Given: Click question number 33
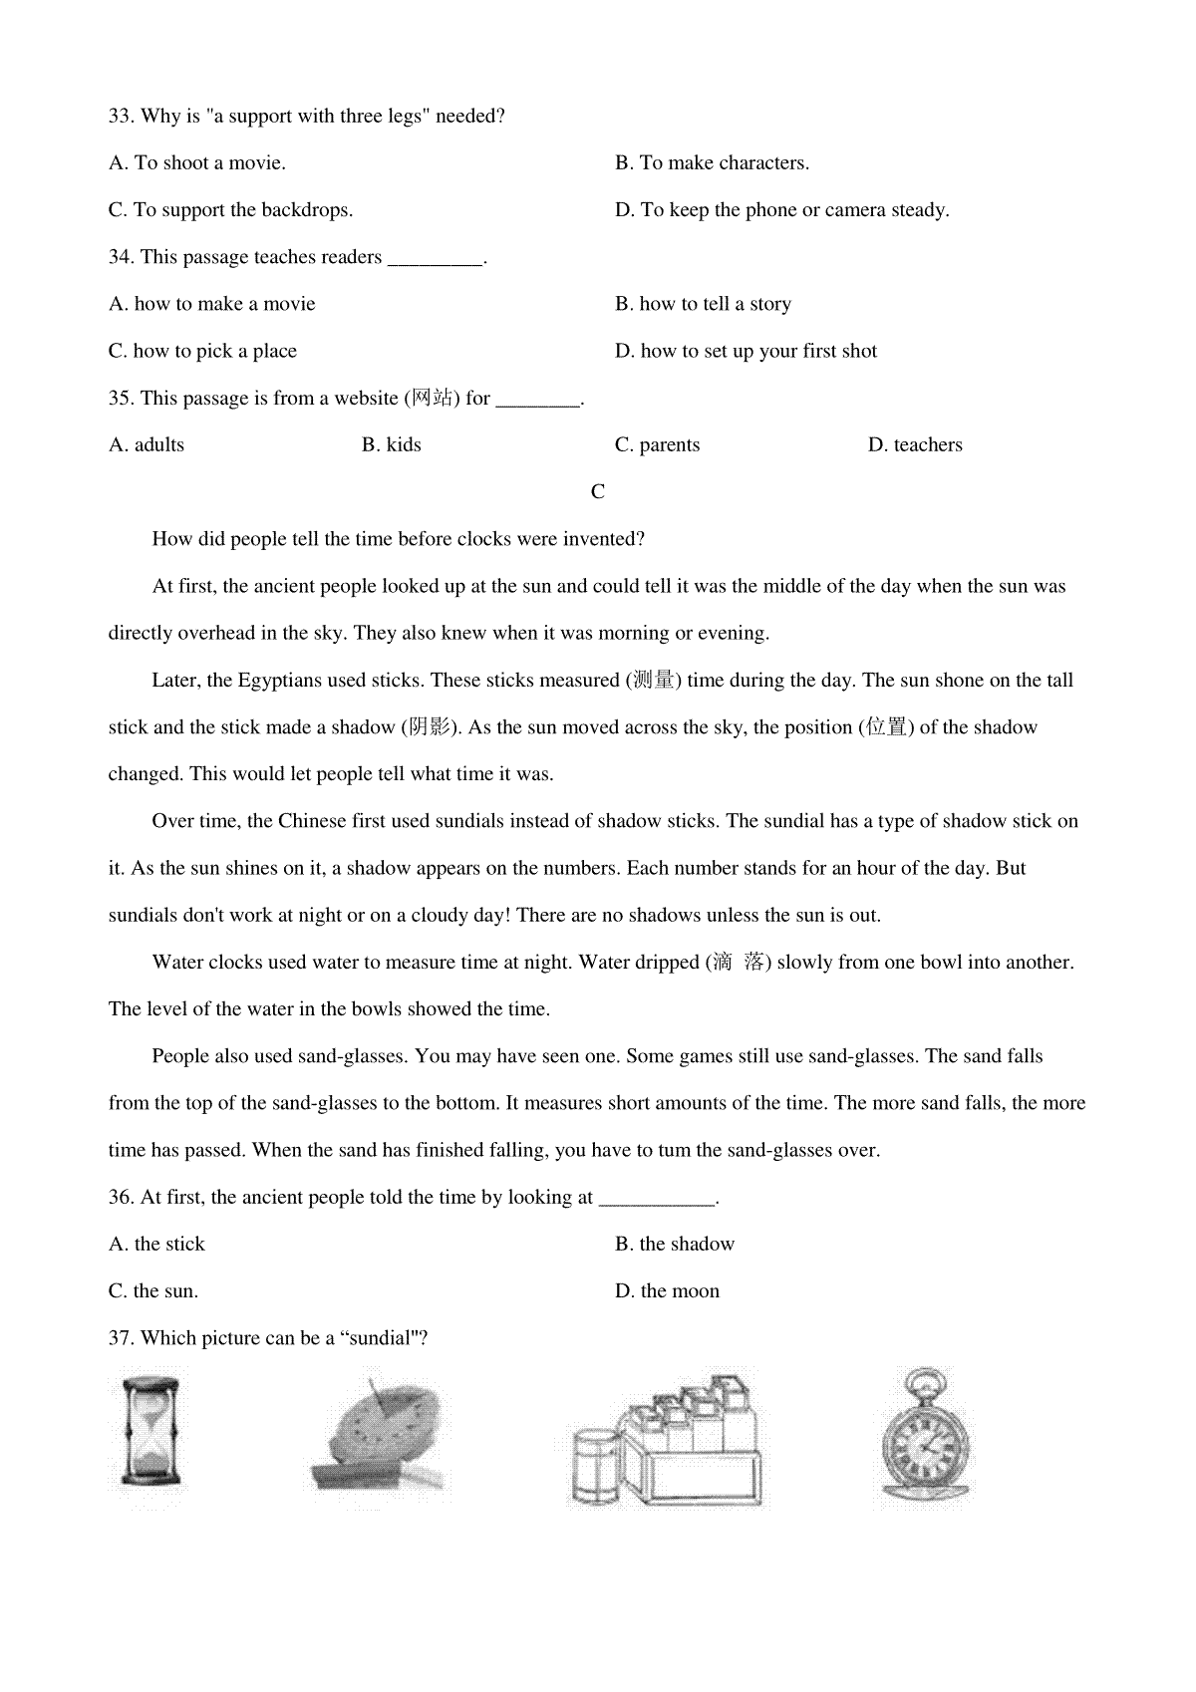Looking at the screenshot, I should tap(121, 117).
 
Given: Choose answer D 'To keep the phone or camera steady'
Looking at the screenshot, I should tap(782, 210).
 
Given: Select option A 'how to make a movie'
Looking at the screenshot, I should tap(212, 304).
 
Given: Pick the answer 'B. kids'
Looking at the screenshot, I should tap(392, 445).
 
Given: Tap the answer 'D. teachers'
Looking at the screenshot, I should tap(915, 445).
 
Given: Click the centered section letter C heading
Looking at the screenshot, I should tap(598, 492).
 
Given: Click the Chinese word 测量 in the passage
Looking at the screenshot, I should tap(653, 681).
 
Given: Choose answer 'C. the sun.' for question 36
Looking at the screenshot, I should tap(153, 1291).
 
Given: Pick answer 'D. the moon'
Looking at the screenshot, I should tap(667, 1291).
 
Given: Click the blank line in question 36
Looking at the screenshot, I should tap(657, 1200).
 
